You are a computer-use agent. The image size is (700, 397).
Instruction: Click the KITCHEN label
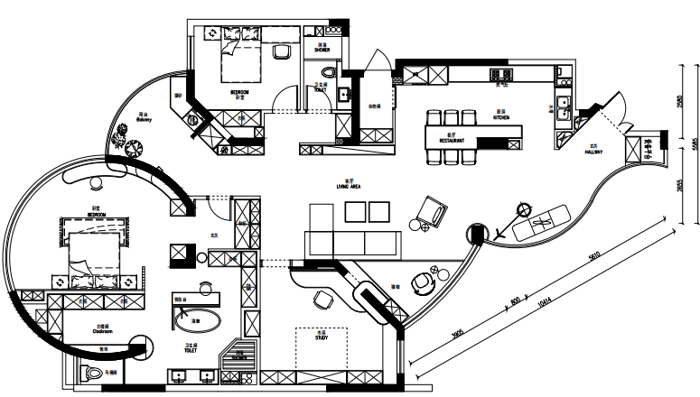click(x=501, y=118)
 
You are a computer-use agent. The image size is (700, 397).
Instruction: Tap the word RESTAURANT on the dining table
click(x=452, y=142)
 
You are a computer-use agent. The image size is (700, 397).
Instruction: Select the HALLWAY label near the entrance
click(x=593, y=152)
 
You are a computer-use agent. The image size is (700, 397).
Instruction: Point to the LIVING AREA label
click(x=348, y=187)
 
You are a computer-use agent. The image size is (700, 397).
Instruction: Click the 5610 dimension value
click(x=593, y=258)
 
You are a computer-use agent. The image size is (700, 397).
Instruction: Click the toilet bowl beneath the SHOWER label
click(x=329, y=71)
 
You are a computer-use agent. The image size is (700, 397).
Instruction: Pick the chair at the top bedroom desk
click(x=280, y=52)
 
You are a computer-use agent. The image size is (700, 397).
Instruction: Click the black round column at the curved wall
click(x=475, y=235)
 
